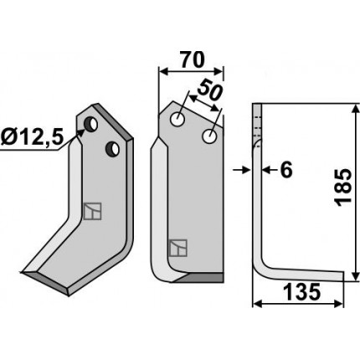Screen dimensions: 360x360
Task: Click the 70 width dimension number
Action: [193, 59]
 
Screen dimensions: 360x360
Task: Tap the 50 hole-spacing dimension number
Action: [209, 90]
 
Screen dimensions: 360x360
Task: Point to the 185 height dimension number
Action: [343, 188]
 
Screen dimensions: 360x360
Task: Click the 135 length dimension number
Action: [301, 291]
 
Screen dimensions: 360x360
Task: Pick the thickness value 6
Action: [286, 170]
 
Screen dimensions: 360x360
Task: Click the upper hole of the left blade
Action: [91, 125]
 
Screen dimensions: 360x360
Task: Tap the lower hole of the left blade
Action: [112, 148]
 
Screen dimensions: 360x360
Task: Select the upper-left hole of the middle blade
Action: [177, 120]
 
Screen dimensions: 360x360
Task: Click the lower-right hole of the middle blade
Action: [209, 136]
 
